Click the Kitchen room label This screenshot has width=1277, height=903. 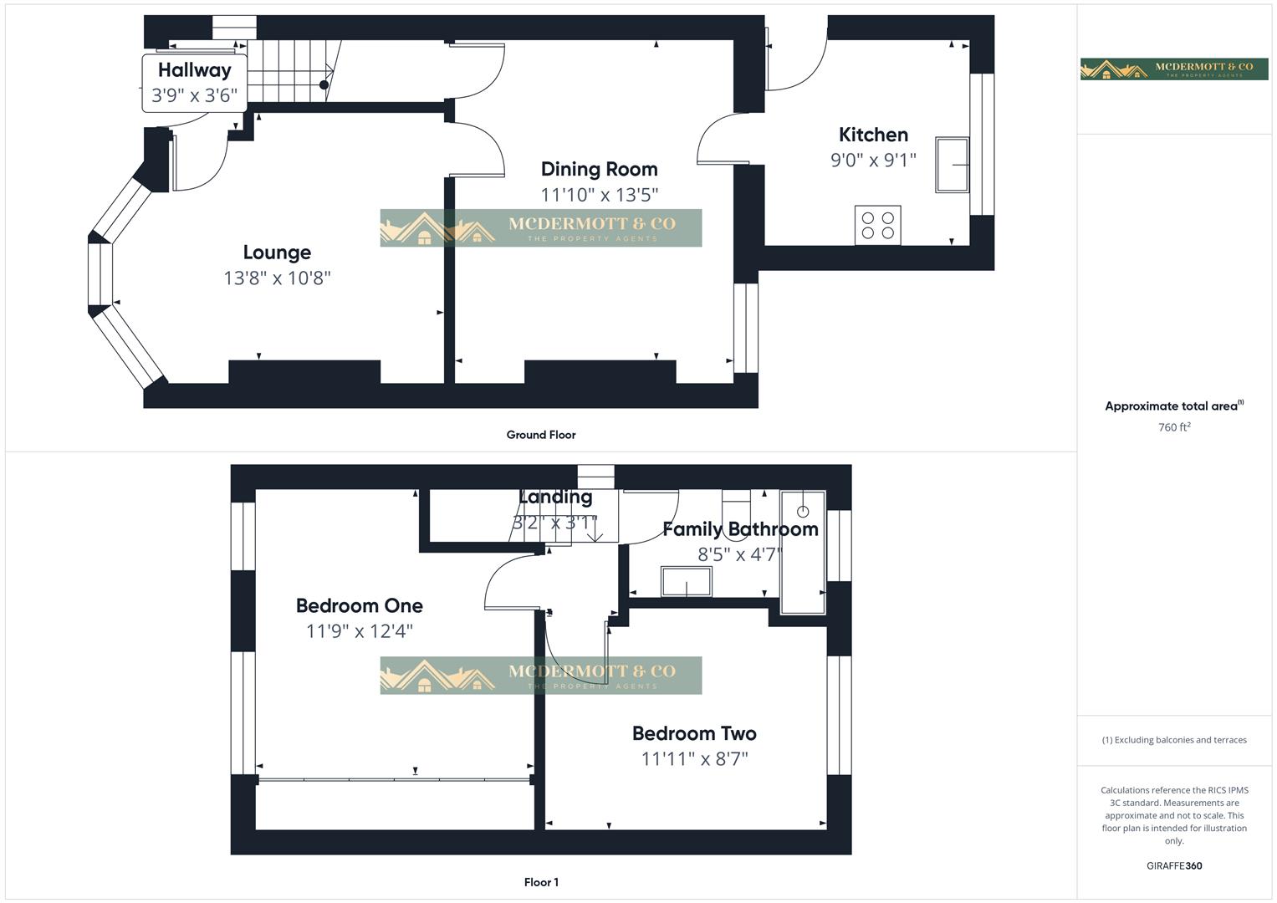[x=873, y=135]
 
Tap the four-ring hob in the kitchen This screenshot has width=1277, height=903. [x=877, y=225]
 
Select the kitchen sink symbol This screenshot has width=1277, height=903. [x=952, y=166]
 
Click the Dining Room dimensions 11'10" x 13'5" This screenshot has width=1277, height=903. [x=599, y=195]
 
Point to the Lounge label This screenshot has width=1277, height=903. [x=277, y=253]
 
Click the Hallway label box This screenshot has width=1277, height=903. [x=194, y=82]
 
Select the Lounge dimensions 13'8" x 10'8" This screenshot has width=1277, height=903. [x=277, y=278]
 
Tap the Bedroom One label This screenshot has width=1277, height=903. [x=359, y=605]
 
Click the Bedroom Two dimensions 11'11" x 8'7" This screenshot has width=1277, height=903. [x=694, y=759]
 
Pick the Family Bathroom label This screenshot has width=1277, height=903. [x=740, y=529]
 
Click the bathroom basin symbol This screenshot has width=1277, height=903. [x=686, y=582]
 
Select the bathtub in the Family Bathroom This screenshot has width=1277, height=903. [x=803, y=553]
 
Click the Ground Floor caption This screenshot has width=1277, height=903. [x=540, y=435]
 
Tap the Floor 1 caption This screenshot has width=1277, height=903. [x=541, y=882]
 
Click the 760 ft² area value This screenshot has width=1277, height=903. [x=1173, y=427]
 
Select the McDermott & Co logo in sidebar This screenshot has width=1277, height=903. [x=1173, y=69]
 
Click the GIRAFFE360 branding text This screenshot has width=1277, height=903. [x=1173, y=866]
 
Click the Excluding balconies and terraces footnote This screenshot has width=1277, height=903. [x=1173, y=740]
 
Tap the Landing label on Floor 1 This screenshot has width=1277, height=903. [x=555, y=497]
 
